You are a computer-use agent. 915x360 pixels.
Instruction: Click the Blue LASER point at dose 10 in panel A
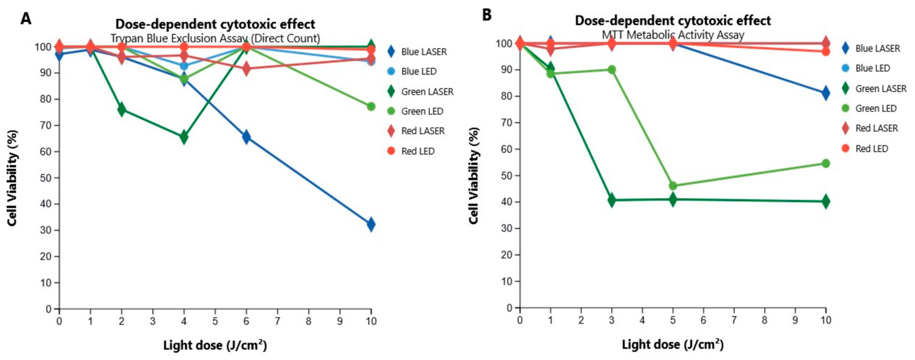pyautogui.click(x=371, y=224)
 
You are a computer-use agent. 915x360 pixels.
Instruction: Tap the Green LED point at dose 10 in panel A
pyautogui.click(x=371, y=106)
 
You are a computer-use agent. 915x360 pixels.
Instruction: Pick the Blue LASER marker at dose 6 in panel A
pyautogui.click(x=246, y=137)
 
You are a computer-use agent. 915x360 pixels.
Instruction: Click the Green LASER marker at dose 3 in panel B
pyautogui.click(x=612, y=200)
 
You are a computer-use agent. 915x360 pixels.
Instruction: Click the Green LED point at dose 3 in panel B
pyautogui.click(x=612, y=70)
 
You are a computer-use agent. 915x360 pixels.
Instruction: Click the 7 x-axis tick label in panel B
pyautogui.click(x=734, y=320)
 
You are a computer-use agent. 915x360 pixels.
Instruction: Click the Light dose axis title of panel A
pyautogui.click(x=215, y=345)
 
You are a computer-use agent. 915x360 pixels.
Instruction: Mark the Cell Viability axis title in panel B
pyautogui.click(x=474, y=176)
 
